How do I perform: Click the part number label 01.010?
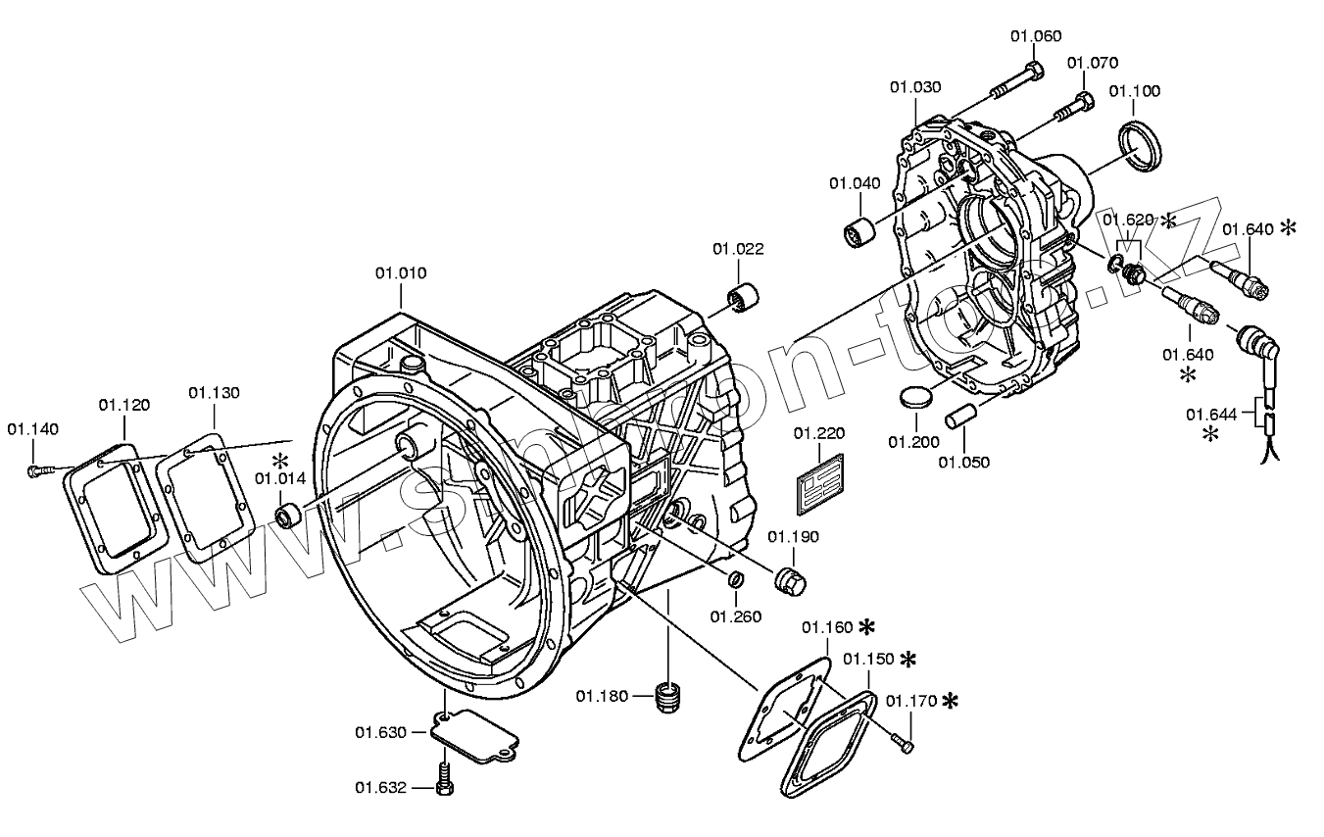point(400,272)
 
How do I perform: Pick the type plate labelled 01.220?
point(820,482)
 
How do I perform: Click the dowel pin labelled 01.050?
point(959,414)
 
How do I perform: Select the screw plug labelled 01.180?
point(668,698)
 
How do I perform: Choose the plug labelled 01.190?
point(788,579)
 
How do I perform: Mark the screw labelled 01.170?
point(901,742)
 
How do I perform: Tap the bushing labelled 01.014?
point(288,516)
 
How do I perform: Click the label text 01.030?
point(915,87)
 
